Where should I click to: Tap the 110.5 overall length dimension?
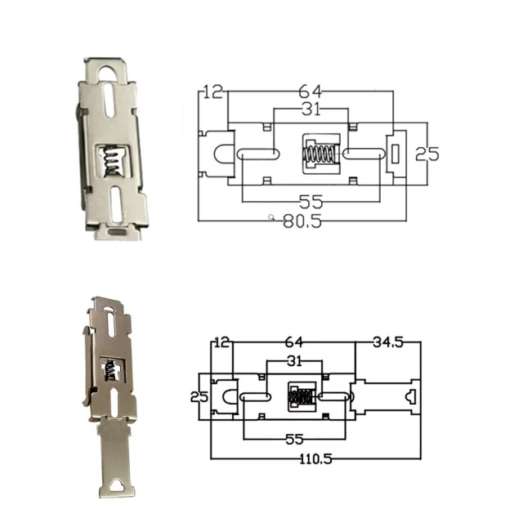point(315,459)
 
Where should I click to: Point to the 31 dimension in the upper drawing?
point(310,110)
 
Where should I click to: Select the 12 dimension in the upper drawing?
point(212,92)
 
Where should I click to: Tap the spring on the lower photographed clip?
point(109,371)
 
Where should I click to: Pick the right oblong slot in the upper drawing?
point(360,154)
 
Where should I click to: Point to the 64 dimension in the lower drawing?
point(293,342)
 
